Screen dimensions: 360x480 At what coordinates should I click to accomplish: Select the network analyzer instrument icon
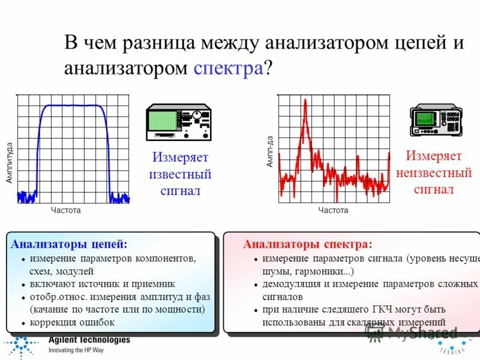coord(179,123)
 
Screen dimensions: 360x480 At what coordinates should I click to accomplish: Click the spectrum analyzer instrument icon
coord(436,120)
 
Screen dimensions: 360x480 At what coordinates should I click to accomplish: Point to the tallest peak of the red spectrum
coord(305,102)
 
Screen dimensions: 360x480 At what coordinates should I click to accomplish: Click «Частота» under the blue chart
coord(65,211)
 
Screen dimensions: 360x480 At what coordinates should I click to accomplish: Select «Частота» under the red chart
coord(333,211)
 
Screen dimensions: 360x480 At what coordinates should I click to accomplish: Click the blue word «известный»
coord(180,175)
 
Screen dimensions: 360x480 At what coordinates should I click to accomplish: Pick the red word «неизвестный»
coord(434,173)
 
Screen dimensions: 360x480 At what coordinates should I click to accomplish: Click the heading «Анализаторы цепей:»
coord(69,244)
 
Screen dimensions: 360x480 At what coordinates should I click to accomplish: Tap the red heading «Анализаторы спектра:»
coord(307,244)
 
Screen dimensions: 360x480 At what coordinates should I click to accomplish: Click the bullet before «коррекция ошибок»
coord(23,323)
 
